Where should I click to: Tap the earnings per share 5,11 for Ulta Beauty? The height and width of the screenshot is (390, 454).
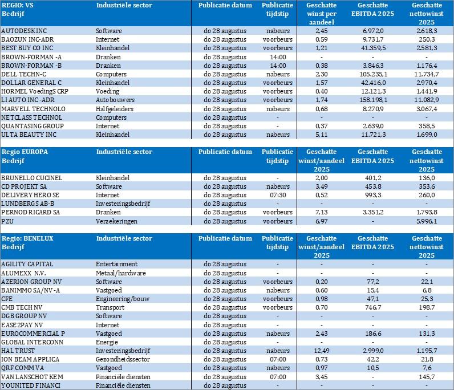pyautogui.click(x=323, y=135)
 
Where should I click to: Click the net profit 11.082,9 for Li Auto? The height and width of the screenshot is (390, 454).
pyautogui.click(x=427, y=100)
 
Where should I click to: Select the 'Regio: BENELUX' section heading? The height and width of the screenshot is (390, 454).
pyautogui.click(x=27, y=238)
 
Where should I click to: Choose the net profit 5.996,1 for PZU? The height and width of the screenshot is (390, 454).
pyautogui.click(x=427, y=221)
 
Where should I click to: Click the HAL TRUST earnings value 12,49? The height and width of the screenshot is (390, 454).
pyautogui.click(x=323, y=351)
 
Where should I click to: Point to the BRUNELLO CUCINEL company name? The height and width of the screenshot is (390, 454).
pyautogui.click(x=31, y=178)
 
